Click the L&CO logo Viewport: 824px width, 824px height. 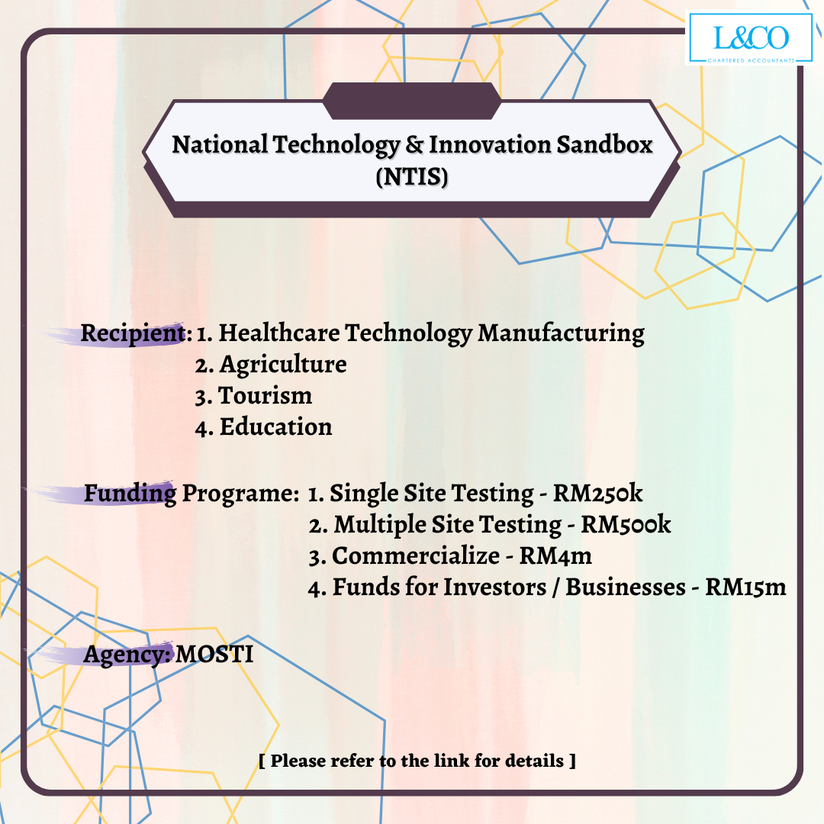(x=750, y=38)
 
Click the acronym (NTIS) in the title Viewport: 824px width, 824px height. (x=412, y=176)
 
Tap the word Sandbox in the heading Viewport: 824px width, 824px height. (x=604, y=144)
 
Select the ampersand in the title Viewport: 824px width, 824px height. (x=414, y=144)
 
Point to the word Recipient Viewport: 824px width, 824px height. (x=133, y=334)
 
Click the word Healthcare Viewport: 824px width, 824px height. (x=279, y=333)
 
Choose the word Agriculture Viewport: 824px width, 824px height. (x=283, y=365)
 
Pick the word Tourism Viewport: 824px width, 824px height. (x=266, y=395)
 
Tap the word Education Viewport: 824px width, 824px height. (x=276, y=426)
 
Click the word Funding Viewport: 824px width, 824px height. (x=130, y=494)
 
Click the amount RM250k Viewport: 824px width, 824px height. (x=597, y=493)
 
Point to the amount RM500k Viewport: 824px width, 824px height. (x=626, y=524)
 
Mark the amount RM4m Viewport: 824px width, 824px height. (x=555, y=556)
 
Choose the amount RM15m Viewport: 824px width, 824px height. (x=745, y=587)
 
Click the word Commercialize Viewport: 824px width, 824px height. (x=416, y=556)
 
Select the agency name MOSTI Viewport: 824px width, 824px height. (x=214, y=655)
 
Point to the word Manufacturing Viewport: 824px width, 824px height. (x=561, y=334)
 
